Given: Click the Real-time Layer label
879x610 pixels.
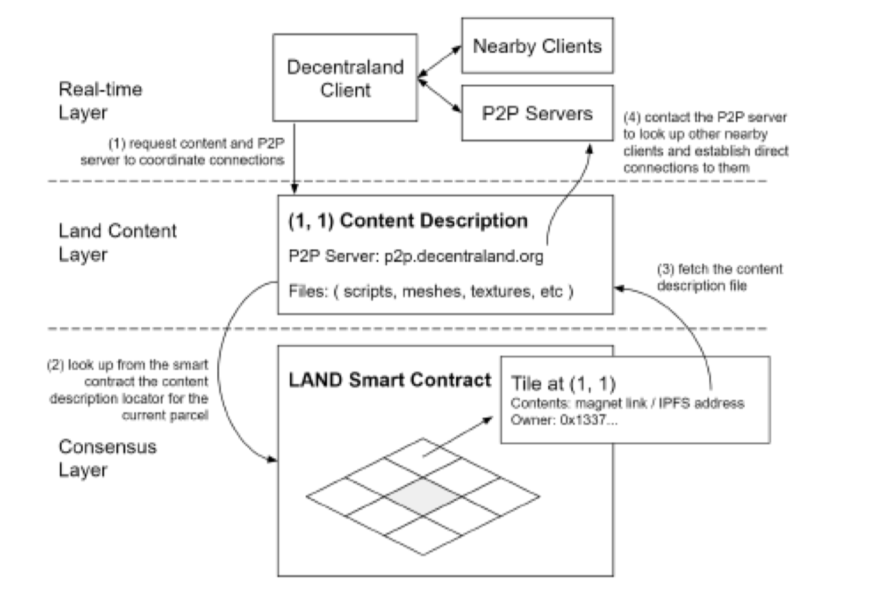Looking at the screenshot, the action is (100, 101).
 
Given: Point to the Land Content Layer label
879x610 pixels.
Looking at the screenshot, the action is (118, 242).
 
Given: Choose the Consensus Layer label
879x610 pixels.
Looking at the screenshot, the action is (107, 458).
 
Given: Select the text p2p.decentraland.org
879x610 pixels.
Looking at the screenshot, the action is (464, 256).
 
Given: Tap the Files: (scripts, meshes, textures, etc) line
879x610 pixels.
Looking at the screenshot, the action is (431, 292).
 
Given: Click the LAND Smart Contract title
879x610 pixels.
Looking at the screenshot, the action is (389, 380).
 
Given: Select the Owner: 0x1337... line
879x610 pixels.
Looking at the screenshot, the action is (564, 420).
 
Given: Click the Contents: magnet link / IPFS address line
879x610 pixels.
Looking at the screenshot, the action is (627, 403).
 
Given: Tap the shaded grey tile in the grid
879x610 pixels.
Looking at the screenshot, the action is (423, 497).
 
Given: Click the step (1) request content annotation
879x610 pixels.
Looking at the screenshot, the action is (182, 152).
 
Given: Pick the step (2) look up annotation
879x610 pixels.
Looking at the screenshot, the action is (127, 390).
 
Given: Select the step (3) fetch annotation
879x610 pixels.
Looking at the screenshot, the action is (720, 277).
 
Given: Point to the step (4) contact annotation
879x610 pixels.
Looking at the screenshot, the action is (706, 143).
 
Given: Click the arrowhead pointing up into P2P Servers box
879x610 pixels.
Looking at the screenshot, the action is (589, 148).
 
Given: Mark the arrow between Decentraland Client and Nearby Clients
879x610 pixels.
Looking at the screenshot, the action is (440, 61).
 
